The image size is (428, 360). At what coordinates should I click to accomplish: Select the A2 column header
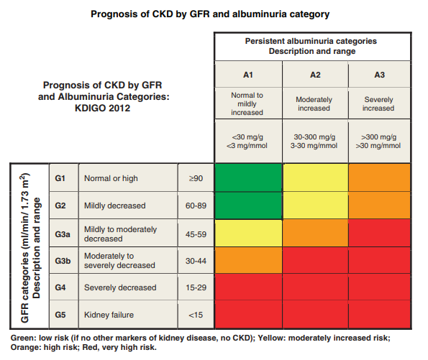tap(315, 75)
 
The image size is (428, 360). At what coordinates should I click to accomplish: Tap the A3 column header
tap(380, 75)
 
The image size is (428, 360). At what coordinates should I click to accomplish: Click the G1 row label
tap(61, 177)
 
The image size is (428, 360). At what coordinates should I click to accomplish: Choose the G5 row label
tap(61, 315)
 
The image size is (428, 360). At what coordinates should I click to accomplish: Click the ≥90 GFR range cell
tap(196, 177)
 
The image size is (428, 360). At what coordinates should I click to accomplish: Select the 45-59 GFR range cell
tap(196, 233)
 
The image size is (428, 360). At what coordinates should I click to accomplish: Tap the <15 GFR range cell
tap(196, 315)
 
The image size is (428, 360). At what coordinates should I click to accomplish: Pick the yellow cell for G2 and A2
tap(315, 206)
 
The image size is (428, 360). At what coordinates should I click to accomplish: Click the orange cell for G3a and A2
tap(315, 233)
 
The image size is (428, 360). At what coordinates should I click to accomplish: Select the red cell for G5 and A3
tap(380, 315)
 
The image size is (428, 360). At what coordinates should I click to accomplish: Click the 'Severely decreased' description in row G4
tap(120, 287)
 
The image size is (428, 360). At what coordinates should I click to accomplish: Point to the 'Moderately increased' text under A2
tap(315, 103)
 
